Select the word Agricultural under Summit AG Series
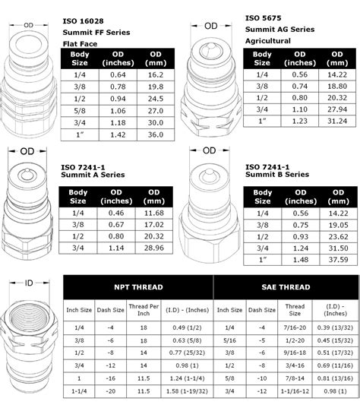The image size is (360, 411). tap(268, 41)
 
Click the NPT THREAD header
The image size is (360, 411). tap(137, 288)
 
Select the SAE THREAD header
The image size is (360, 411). tap(286, 288)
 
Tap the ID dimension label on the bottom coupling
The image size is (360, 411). tap(29, 283)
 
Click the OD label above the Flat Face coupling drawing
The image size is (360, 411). tap(28, 25)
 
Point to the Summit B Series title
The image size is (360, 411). tap(278, 175)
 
